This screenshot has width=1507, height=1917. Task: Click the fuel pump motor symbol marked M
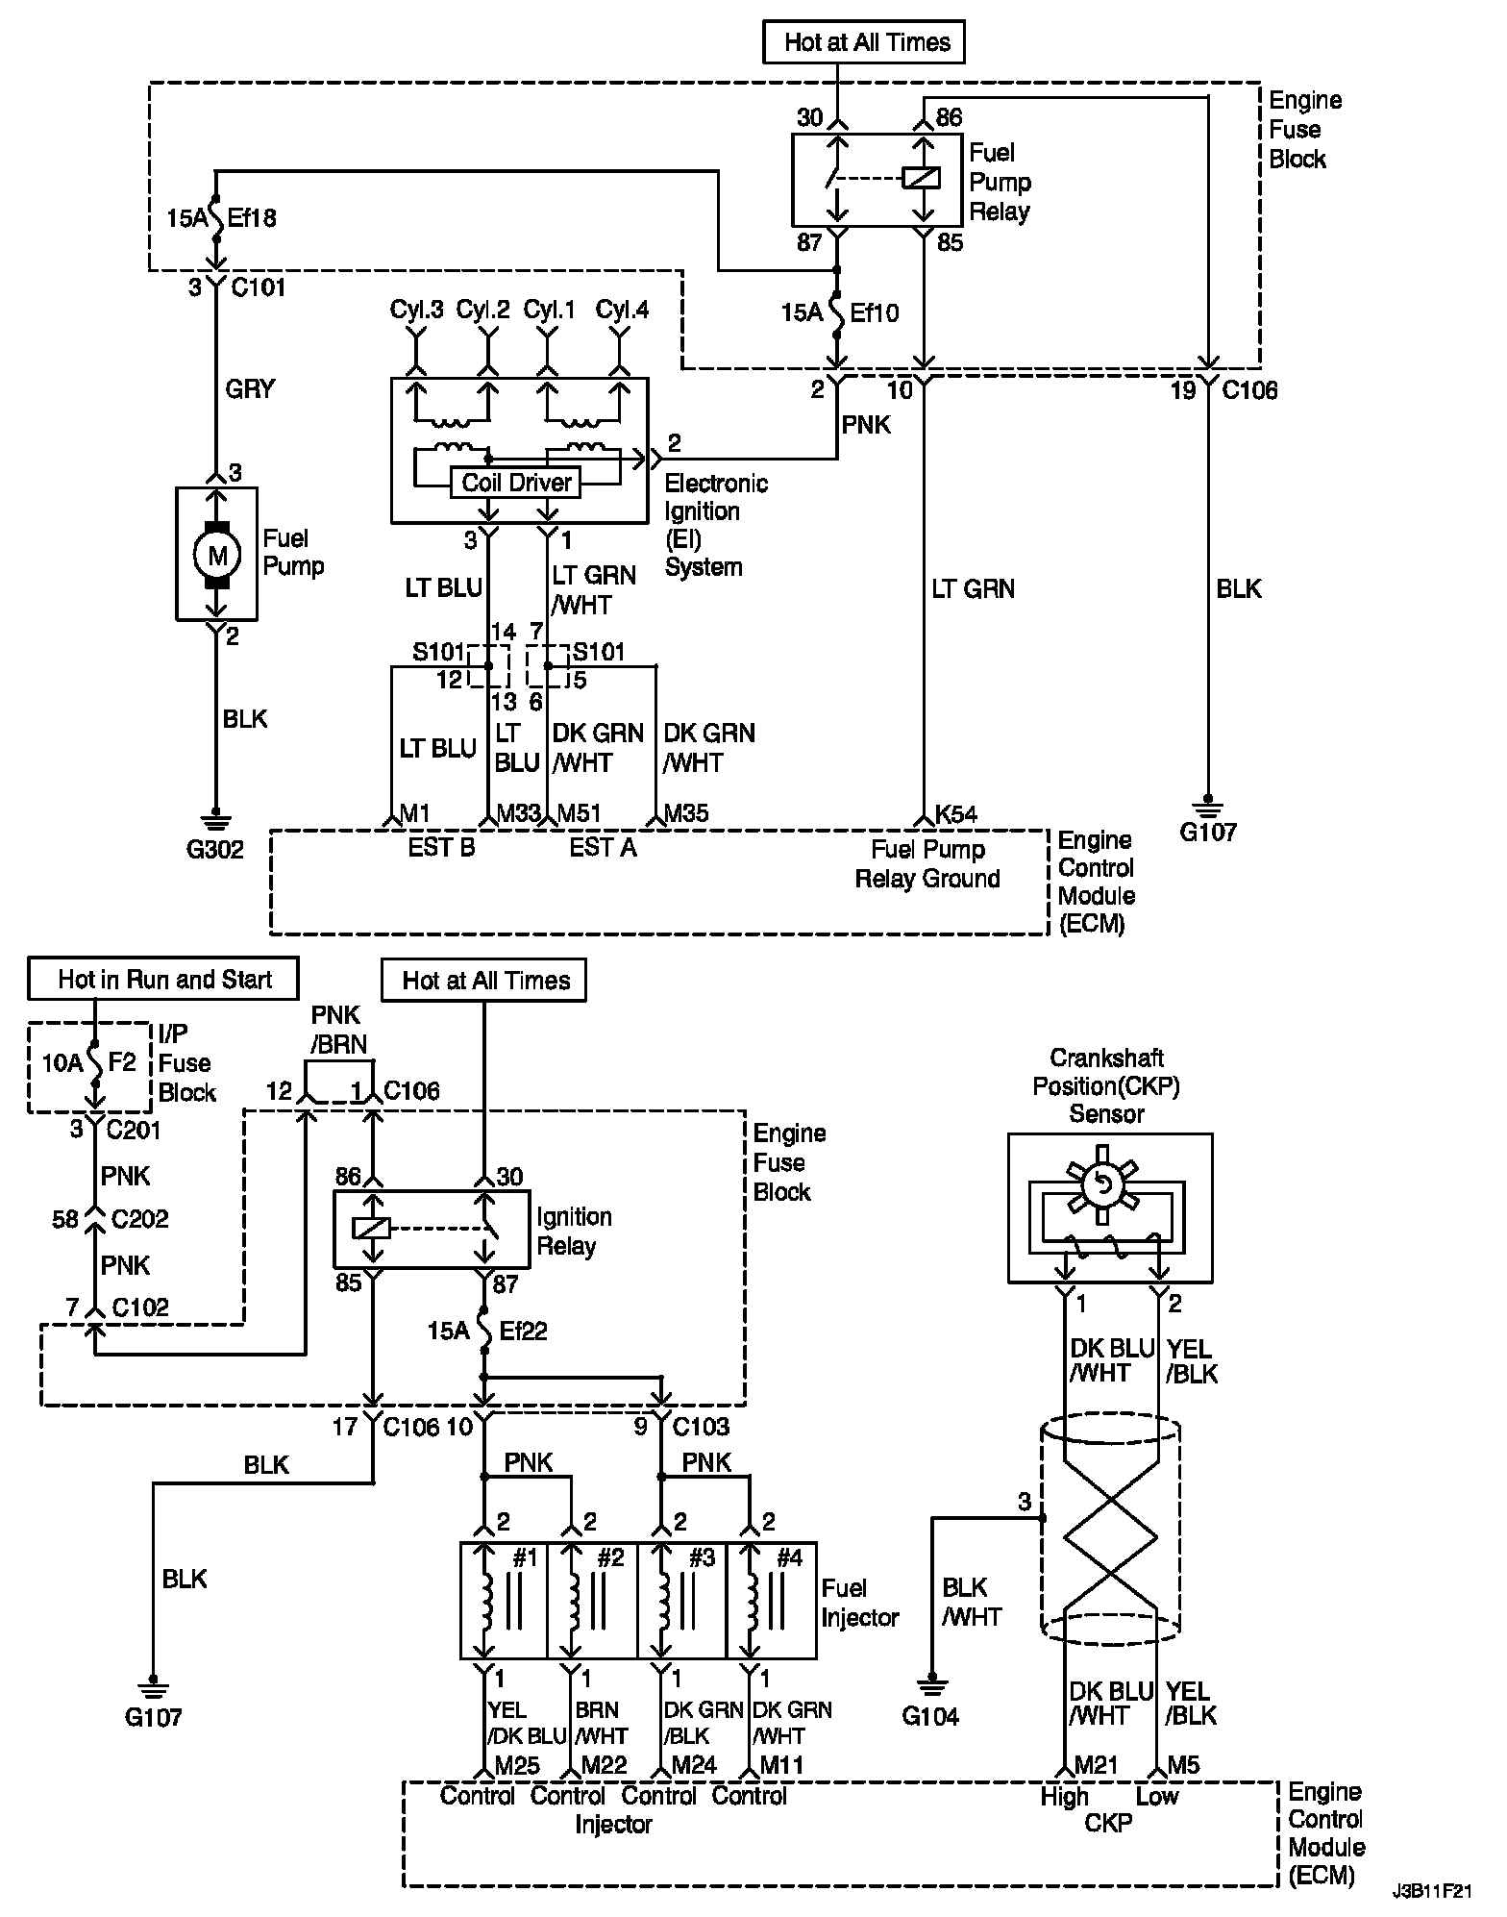click(x=217, y=554)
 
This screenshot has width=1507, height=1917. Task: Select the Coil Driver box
click(x=516, y=483)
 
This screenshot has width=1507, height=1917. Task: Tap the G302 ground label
click(x=215, y=849)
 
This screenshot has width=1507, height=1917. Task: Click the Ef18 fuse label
click(x=253, y=218)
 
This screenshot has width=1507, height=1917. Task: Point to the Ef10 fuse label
click(x=875, y=313)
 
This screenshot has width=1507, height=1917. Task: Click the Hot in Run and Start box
click(x=164, y=980)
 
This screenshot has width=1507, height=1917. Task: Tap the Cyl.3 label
click(x=416, y=311)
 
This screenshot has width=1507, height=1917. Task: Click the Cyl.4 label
click(x=622, y=311)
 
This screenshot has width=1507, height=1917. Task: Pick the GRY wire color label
click(x=250, y=388)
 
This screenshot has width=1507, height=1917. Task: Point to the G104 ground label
click(x=930, y=1717)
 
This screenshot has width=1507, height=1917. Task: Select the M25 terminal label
click(x=517, y=1766)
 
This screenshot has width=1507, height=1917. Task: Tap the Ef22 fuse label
click(x=522, y=1332)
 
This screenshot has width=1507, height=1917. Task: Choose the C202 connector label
click(x=140, y=1219)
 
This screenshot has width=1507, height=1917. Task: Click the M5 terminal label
click(x=1183, y=1765)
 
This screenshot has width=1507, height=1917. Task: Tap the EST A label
click(x=603, y=847)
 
